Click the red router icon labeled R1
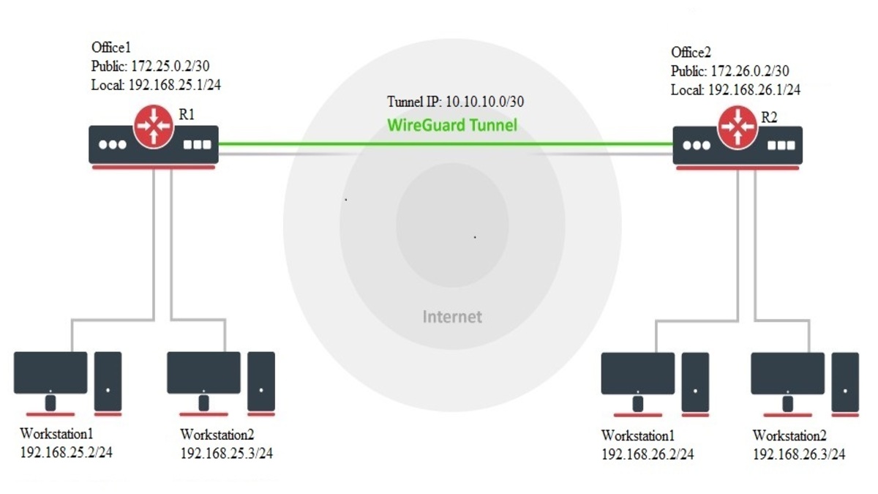point(153,124)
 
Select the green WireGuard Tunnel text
point(451,125)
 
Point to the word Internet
point(452,317)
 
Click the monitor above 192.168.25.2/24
point(50,374)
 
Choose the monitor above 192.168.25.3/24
point(203,374)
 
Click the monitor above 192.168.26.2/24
point(638,375)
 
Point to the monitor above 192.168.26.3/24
point(787,375)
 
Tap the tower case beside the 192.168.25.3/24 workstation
point(261,381)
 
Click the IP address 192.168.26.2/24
point(648,454)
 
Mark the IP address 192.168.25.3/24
point(226,453)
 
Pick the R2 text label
point(769,115)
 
